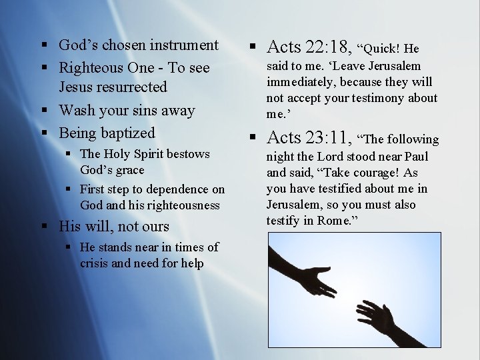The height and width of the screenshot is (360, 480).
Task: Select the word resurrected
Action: (x=131, y=87)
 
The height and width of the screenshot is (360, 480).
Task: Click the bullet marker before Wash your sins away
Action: (x=43, y=111)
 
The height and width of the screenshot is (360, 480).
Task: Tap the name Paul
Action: (x=415, y=157)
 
